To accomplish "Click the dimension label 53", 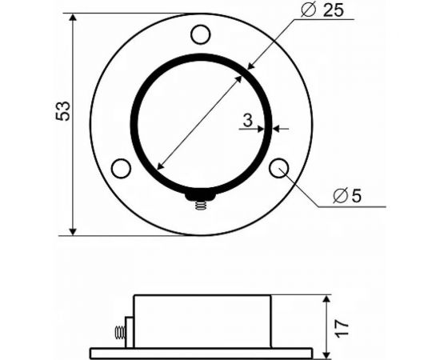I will (63, 110).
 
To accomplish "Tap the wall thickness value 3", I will (248, 121).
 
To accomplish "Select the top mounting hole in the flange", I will (200, 34).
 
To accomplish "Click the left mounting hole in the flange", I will (121, 168).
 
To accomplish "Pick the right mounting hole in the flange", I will (279, 168).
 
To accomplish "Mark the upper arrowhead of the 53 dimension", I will (74, 18).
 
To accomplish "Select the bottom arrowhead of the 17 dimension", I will (327, 354).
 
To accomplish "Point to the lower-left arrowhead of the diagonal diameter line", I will (159, 166).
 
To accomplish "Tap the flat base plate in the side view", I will (200, 353).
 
